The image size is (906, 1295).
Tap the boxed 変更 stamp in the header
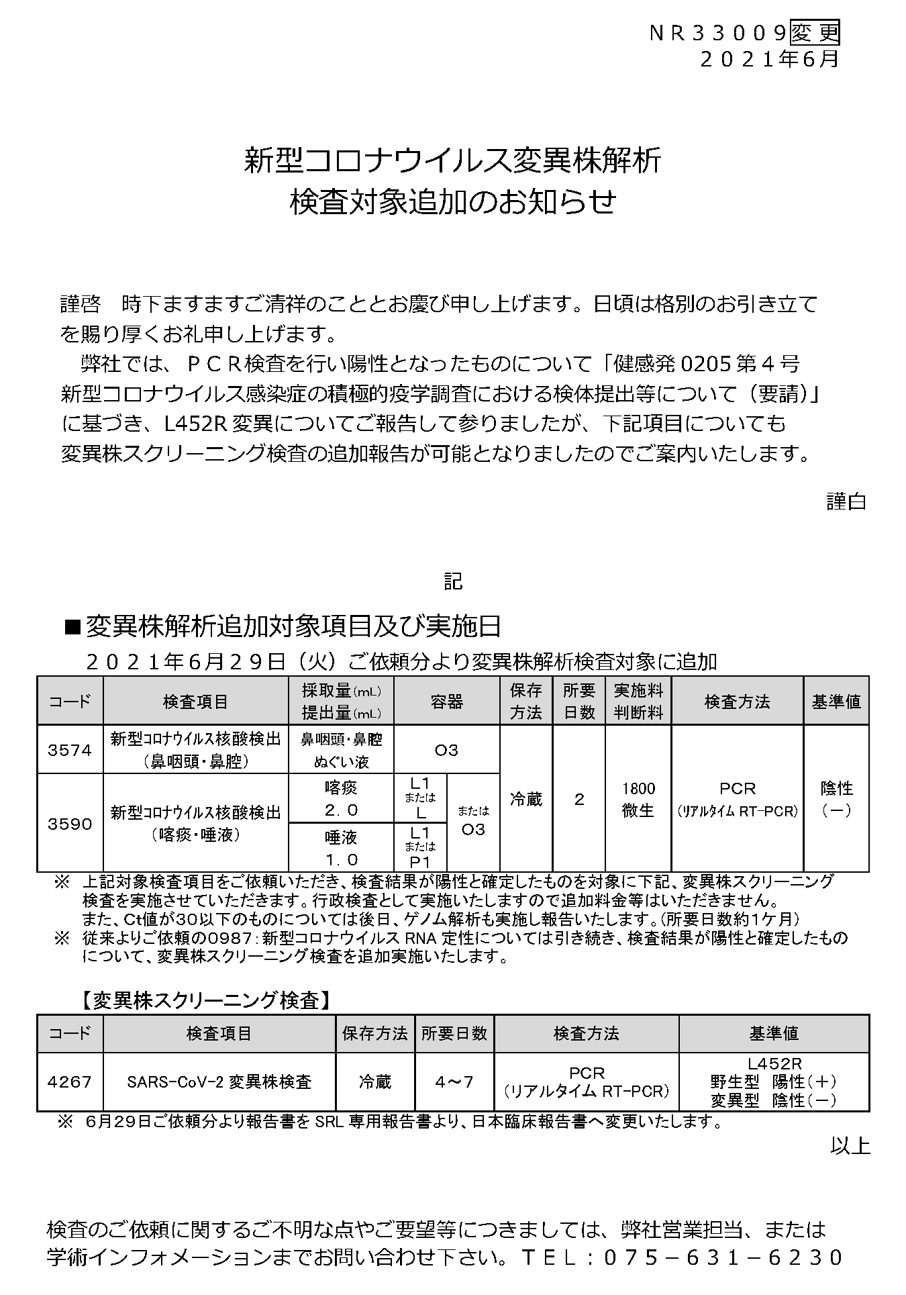815,33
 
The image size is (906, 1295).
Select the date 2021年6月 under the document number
769,59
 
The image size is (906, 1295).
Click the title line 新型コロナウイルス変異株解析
453,162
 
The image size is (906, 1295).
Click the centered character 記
453,581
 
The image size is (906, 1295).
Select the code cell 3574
70,750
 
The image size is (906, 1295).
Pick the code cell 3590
70,824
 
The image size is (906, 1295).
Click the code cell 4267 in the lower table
70,1082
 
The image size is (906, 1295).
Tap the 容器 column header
446,702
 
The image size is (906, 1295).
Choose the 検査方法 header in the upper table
737,702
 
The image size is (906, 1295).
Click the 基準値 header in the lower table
774,1033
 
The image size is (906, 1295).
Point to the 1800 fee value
638,789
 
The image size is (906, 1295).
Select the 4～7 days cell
454,1082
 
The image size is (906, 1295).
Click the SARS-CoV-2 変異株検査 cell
219,1082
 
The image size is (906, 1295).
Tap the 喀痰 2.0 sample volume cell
341,799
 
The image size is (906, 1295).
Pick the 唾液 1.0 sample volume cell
341,848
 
